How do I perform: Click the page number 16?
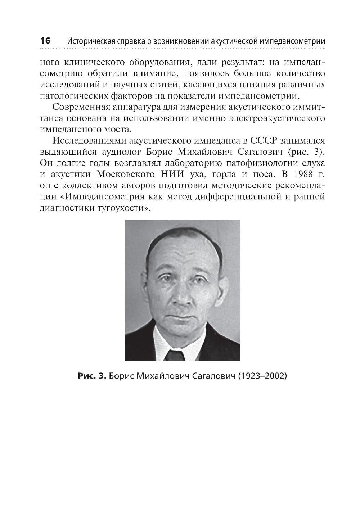click(x=45, y=40)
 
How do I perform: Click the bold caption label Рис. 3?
click(x=92, y=376)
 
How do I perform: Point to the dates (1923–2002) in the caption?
click(x=262, y=376)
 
